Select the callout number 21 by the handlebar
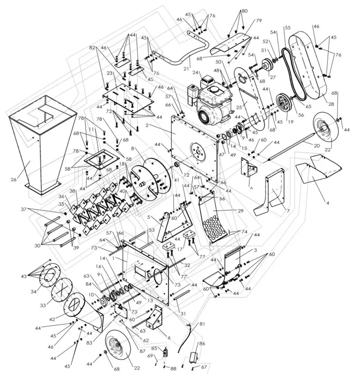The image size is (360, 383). point(187,68)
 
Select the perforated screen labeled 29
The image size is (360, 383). point(215,217)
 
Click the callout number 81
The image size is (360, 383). point(201,324)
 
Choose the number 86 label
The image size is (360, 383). point(202,344)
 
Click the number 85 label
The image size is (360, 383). point(154,348)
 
